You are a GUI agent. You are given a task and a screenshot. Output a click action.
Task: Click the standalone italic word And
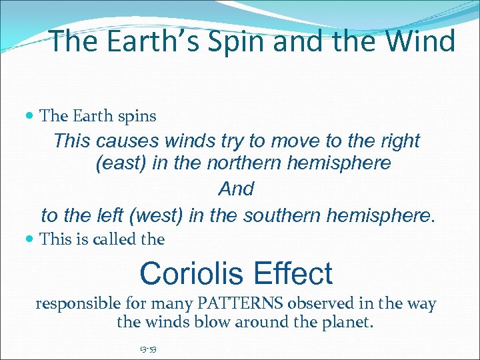click(236, 189)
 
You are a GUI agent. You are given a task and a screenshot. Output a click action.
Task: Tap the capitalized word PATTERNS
click(241, 305)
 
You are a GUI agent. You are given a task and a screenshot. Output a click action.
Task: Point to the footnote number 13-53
click(148, 349)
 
